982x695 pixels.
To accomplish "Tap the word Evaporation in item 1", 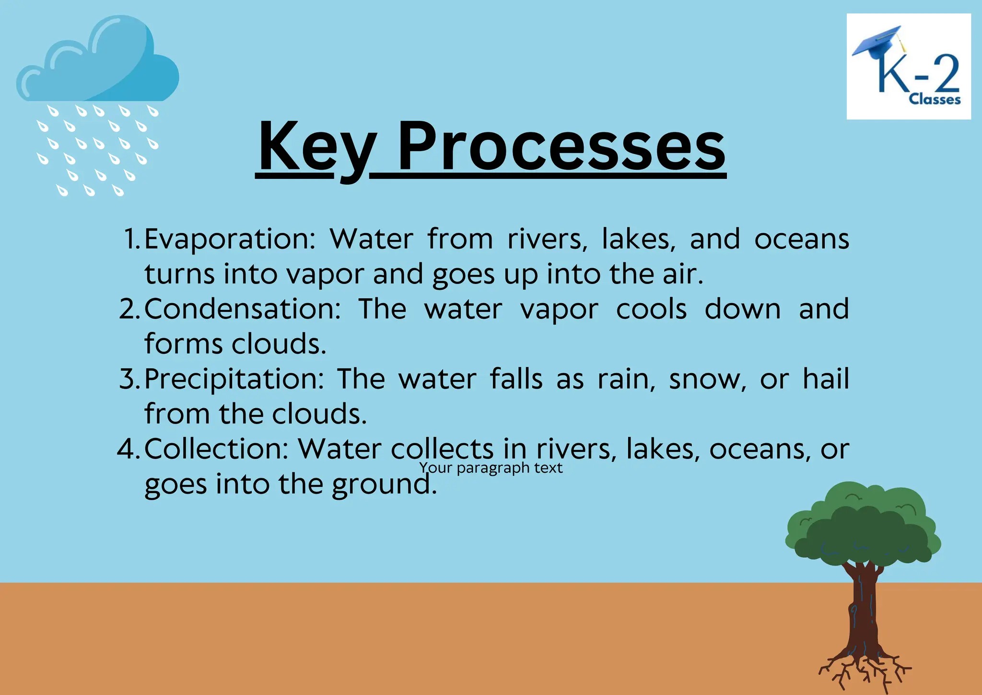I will point(229,239).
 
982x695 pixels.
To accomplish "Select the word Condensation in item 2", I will point(242,309).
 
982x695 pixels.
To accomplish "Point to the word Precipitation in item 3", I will point(234,379).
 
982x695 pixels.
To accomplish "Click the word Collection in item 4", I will point(216,449).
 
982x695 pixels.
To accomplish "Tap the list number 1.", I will point(131,239).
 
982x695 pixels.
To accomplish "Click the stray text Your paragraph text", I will point(491,468).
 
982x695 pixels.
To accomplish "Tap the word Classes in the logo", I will point(935,100).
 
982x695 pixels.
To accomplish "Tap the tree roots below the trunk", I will point(863,669).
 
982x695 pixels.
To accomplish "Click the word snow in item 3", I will point(708,379).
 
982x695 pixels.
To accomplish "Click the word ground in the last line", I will point(384,484).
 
